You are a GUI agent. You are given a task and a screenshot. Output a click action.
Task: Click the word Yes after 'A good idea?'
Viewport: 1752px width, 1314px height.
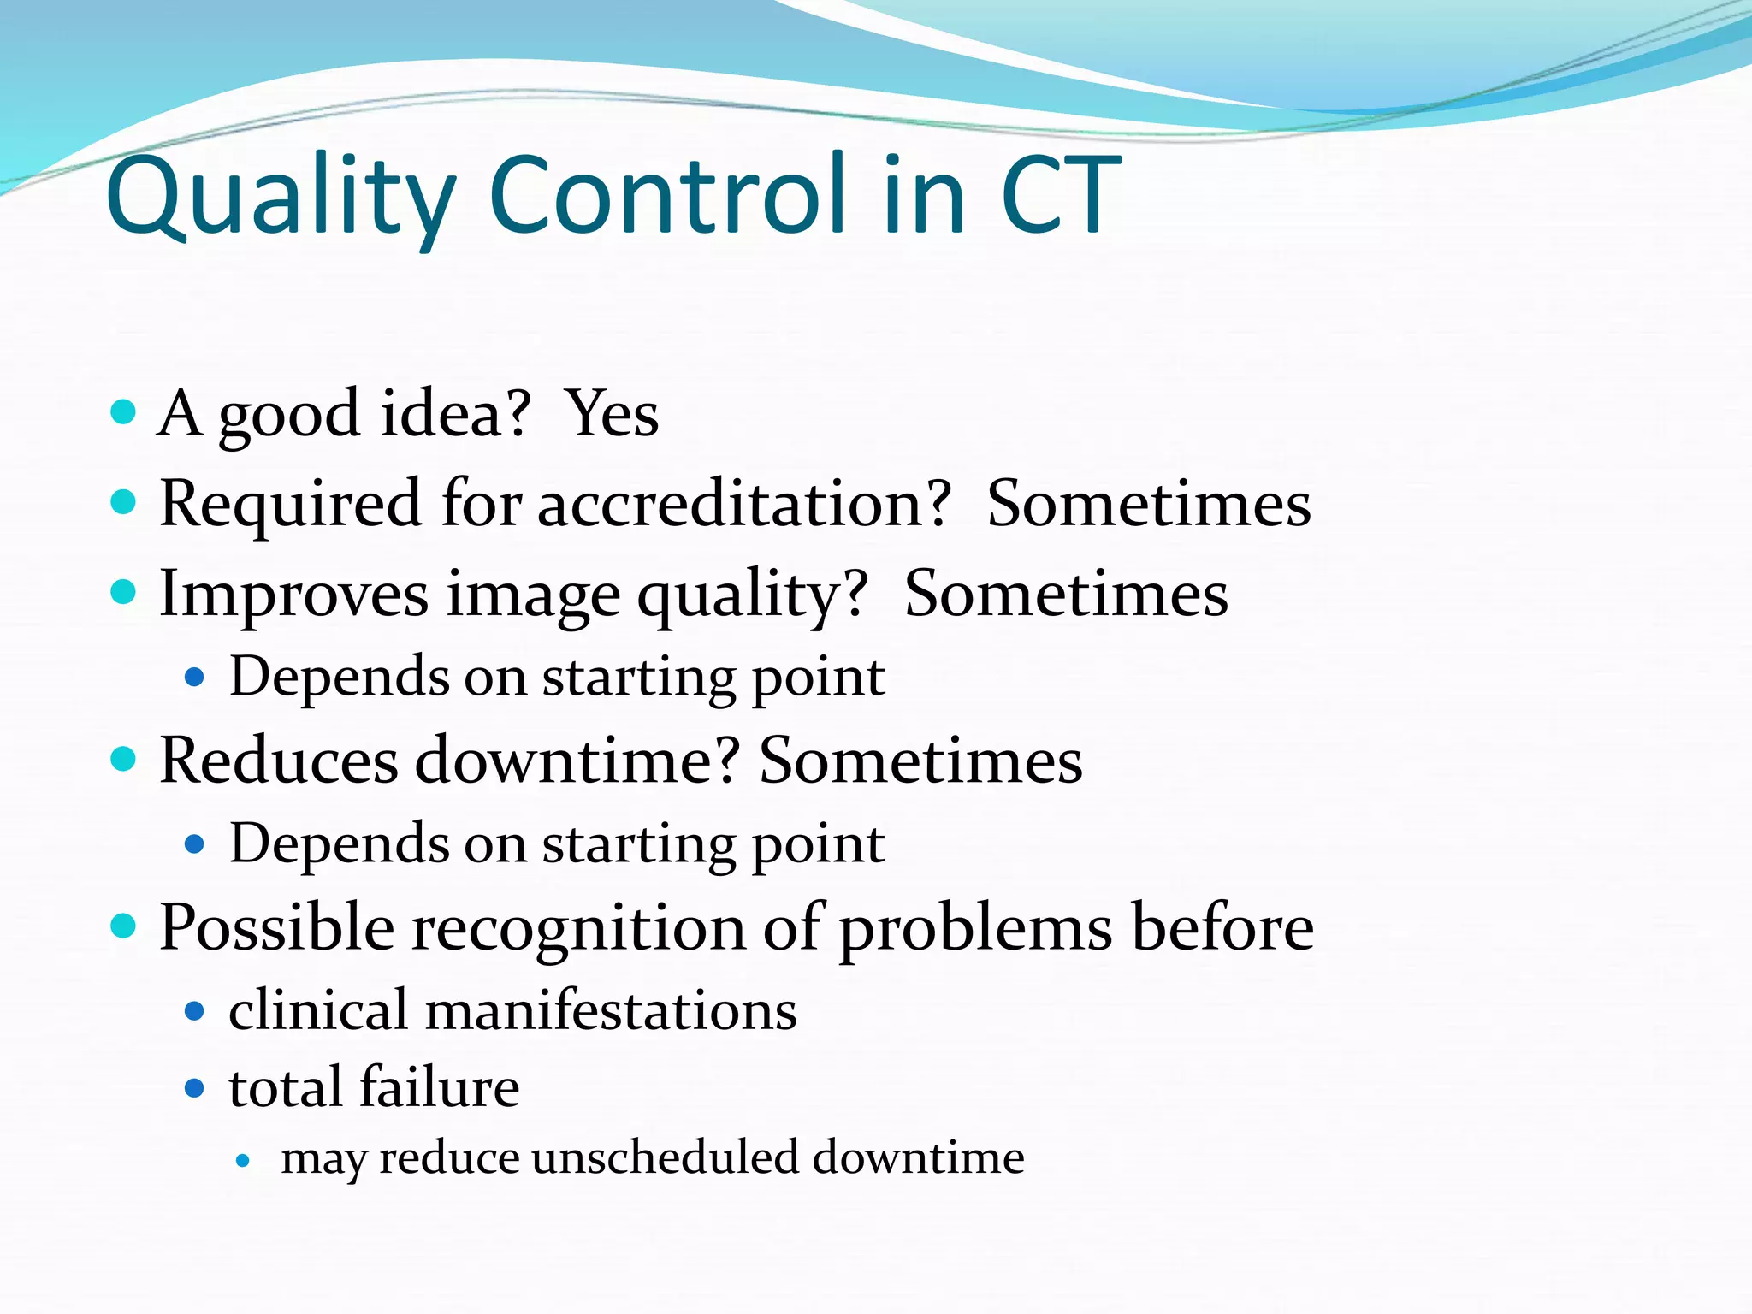point(613,415)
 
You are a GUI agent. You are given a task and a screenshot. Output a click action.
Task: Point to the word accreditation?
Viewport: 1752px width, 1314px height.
point(744,504)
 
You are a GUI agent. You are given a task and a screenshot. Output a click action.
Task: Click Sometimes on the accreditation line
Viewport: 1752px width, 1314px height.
point(1148,504)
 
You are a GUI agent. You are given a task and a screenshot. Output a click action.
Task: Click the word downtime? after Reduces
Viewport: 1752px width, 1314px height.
point(577,761)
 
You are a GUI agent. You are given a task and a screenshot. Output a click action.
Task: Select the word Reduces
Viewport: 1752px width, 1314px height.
point(279,761)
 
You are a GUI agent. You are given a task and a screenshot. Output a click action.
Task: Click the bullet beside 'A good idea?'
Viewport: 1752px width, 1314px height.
point(124,412)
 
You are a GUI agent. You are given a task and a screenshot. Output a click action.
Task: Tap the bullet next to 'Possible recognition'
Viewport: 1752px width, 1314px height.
point(124,926)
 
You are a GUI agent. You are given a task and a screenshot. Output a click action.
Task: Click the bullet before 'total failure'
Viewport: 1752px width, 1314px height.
point(195,1089)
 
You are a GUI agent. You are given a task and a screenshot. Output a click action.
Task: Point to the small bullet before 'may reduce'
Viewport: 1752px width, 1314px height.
point(244,1162)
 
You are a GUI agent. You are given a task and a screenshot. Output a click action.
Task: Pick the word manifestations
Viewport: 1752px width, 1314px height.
point(611,1010)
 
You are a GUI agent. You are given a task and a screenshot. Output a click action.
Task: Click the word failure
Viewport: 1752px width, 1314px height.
point(439,1087)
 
